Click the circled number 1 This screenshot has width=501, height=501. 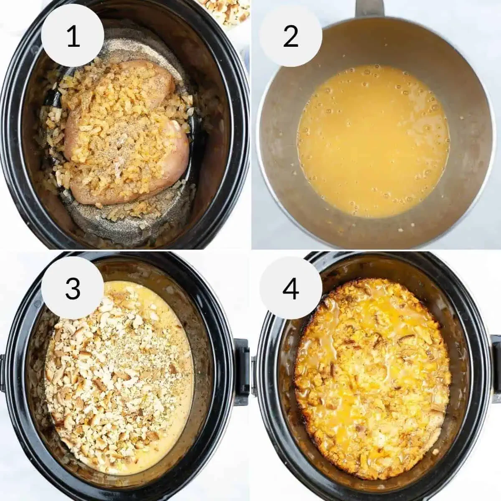pos(73,36)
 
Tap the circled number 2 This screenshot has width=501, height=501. pos(291,36)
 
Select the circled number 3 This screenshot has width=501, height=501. pos(73,288)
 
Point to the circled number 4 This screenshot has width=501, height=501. pos(291,288)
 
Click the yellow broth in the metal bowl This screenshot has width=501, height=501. pos(374,142)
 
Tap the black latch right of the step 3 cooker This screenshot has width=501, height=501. pos(241,372)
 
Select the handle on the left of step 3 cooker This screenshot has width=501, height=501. pos(3,372)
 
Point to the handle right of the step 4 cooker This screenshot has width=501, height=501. pos(496,367)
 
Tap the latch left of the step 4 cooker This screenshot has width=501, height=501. pos(254,372)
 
